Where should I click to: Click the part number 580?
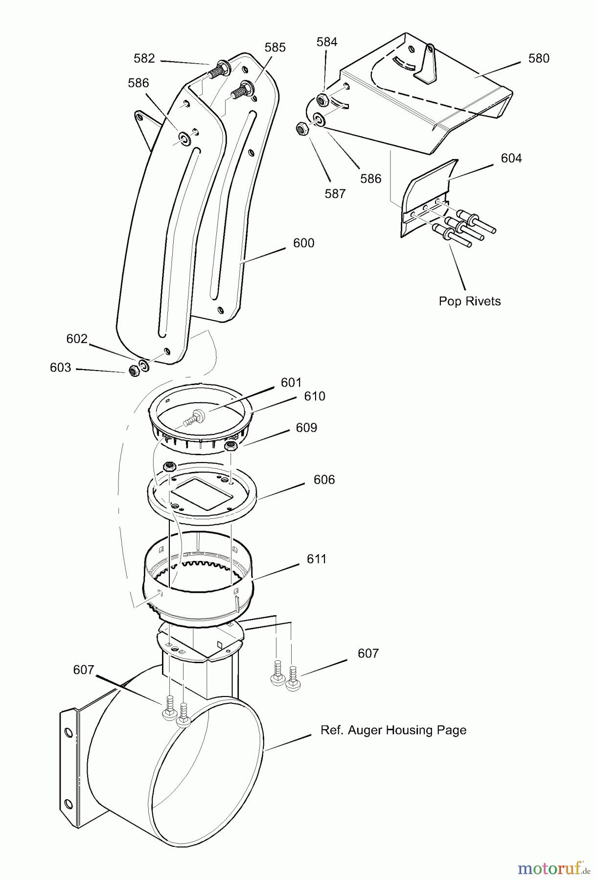click(x=539, y=58)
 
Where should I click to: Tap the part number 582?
click(x=144, y=58)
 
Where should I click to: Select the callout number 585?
click(x=275, y=47)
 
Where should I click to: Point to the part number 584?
click(x=327, y=42)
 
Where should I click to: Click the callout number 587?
click(x=335, y=194)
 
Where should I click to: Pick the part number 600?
click(x=304, y=243)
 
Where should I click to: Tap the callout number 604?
click(x=511, y=158)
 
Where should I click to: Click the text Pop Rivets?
click(x=470, y=301)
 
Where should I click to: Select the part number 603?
click(x=60, y=368)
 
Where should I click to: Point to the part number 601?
click(x=291, y=382)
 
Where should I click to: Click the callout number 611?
click(x=317, y=559)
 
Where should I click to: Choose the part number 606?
click(x=324, y=480)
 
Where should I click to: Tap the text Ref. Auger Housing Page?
click(x=393, y=730)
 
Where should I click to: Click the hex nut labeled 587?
click(x=301, y=130)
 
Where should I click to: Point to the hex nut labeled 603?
click(x=133, y=371)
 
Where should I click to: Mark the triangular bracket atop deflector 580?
click(x=425, y=64)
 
